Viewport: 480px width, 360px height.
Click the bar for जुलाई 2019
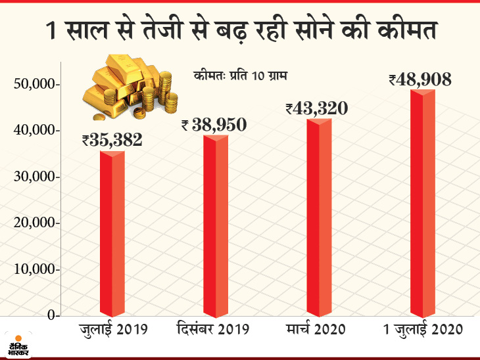[x=112, y=233]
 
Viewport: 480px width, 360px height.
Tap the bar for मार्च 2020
[x=319, y=217]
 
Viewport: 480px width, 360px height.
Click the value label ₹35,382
[x=112, y=139]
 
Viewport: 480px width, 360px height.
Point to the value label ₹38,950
[x=214, y=123]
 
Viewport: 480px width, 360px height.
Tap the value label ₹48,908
[x=420, y=79]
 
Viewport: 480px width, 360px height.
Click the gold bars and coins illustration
[x=128, y=89]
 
